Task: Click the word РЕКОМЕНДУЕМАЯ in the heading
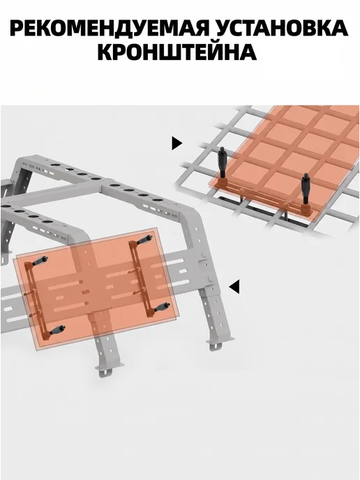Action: tap(110, 29)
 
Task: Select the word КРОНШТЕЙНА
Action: tap(177, 52)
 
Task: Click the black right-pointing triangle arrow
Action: tap(177, 143)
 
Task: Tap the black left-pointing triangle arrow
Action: tap(234, 287)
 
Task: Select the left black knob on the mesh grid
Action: tap(223, 163)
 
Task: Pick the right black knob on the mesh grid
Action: tap(306, 189)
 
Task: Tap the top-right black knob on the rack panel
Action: tap(144, 240)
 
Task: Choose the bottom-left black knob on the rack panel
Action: tap(57, 330)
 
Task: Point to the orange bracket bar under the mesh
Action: tap(264, 197)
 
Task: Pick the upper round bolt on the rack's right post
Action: tap(202, 255)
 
